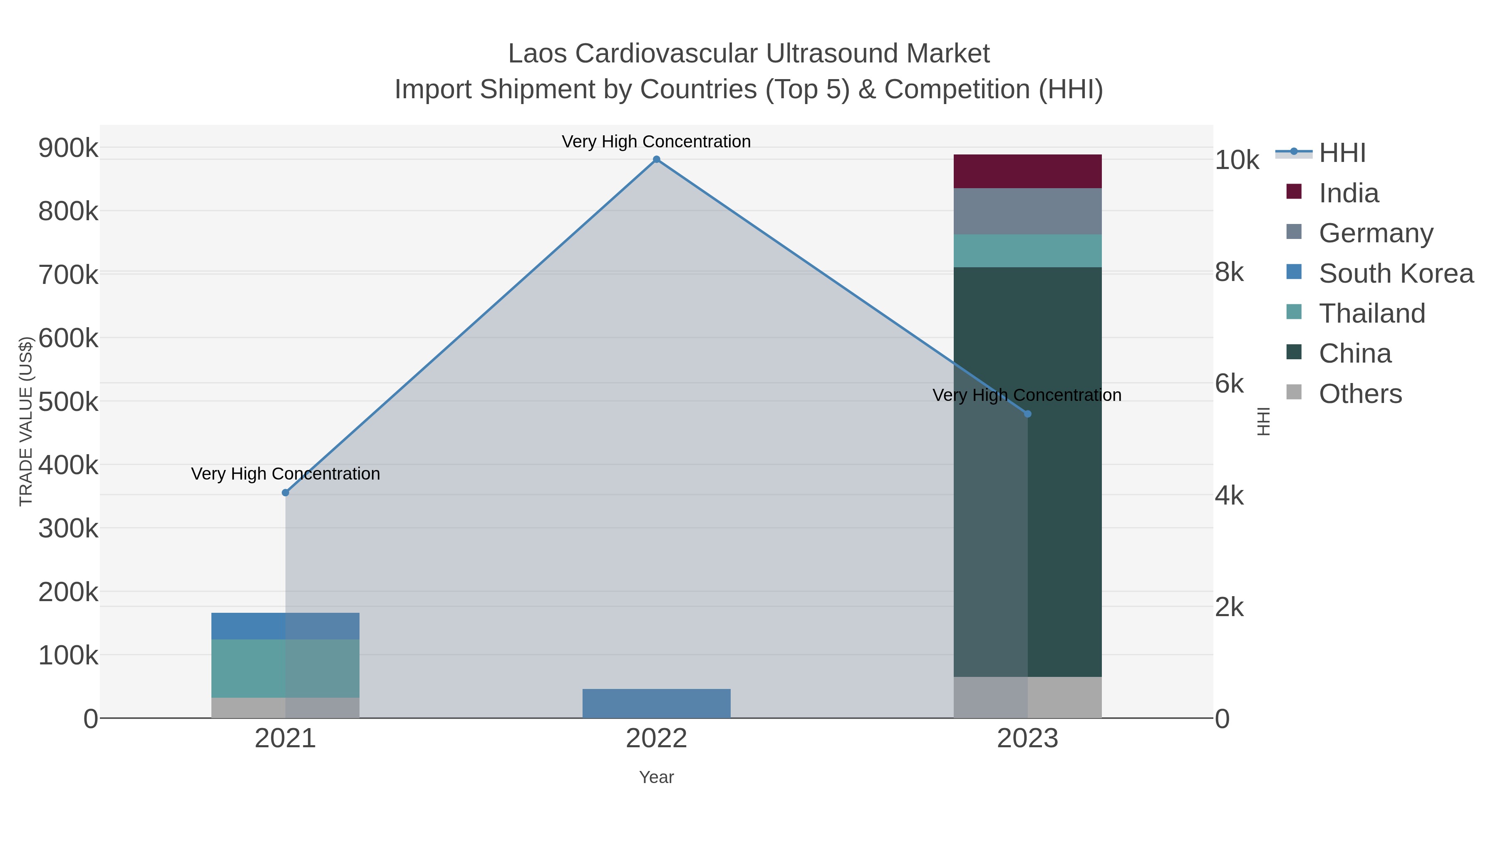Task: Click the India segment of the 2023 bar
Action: click(x=1027, y=171)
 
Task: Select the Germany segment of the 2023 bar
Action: click(x=1027, y=211)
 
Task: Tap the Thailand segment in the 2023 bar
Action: click(x=1027, y=251)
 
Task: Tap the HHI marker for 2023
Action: click(x=1027, y=414)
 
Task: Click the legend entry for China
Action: click(x=1354, y=353)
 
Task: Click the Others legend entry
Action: click(x=1359, y=393)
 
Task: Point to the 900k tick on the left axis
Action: click(x=68, y=148)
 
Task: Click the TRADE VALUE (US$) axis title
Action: click(x=26, y=421)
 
